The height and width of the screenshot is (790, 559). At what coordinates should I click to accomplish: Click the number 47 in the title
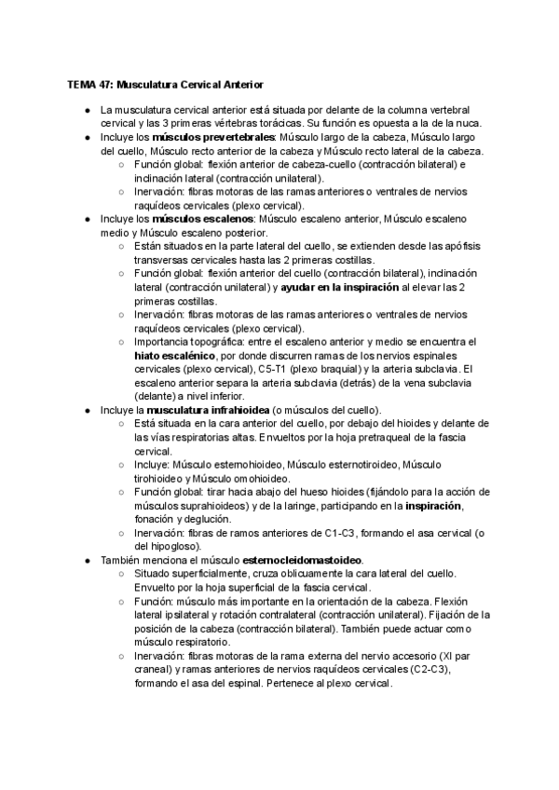[x=103, y=84]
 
